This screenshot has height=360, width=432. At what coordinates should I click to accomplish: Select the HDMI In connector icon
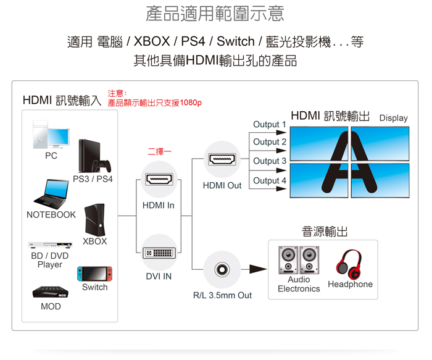click(159, 180)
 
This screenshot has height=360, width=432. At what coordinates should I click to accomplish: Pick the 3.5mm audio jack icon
click(222, 269)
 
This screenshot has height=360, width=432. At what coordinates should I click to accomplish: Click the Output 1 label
click(270, 125)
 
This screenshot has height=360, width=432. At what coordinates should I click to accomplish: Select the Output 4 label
click(270, 180)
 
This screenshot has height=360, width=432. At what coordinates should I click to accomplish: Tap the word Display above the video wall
click(393, 118)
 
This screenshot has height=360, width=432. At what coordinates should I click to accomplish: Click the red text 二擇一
click(159, 151)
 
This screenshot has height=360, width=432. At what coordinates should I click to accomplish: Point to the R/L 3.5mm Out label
click(222, 295)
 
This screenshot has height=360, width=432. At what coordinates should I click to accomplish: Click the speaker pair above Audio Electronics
click(298, 260)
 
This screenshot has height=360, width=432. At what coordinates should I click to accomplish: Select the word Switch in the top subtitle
click(235, 42)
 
